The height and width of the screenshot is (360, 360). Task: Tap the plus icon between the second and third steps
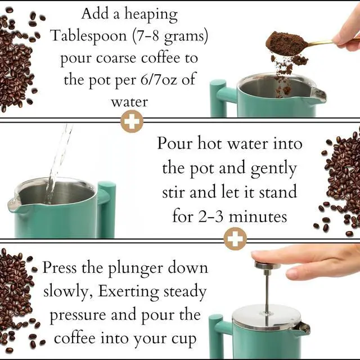(235, 239)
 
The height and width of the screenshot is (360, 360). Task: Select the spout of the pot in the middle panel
(15, 206)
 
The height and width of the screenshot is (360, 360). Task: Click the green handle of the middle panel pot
(106, 208)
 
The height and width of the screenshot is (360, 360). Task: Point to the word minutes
(260, 216)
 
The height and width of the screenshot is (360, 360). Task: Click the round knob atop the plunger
(267, 265)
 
